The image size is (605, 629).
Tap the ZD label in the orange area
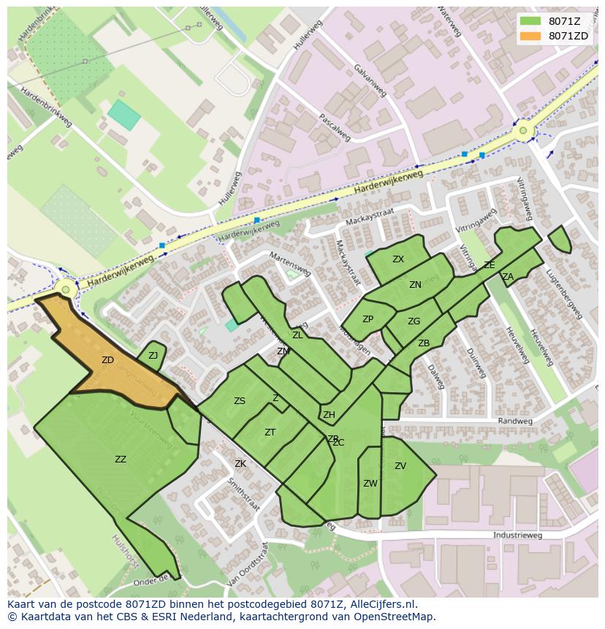click(x=107, y=360)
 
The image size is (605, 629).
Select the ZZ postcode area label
click(x=121, y=460)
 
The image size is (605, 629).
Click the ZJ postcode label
click(x=153, y=356)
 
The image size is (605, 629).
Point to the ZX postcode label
click(x=397, y=259)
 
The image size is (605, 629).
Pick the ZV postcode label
click(x=400, y=466)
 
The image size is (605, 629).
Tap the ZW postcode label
click(x=370, y=484)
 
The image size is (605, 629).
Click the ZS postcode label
click(x=240, y=401)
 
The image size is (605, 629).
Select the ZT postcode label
click(x=270, y=432)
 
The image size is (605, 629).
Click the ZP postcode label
click(x=368, y=319)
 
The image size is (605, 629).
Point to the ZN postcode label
click(x=415, y=285)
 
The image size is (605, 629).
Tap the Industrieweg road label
click(x=517, y=535)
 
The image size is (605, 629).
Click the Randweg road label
click(x=511, y=422)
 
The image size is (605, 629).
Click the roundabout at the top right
click(x=523, y=131)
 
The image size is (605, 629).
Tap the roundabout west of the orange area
click(x=66, y=290)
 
